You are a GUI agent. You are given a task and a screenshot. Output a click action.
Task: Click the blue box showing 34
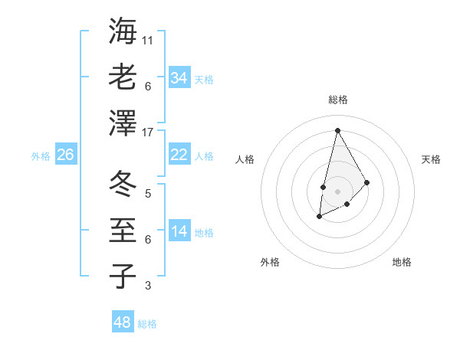[179, 78]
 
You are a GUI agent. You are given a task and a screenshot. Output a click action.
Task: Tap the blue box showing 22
[179, 155]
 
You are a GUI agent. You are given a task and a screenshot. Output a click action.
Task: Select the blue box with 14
[179, 231]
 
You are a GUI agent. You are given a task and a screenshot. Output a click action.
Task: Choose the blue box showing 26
[65, 155]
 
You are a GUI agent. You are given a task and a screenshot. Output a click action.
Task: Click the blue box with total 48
[123, 322]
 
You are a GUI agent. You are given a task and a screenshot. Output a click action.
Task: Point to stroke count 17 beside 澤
[147, 132]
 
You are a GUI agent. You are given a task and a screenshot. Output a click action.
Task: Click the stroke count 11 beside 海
[147, 40]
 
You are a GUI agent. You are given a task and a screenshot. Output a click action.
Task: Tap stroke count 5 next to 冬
[147, 193]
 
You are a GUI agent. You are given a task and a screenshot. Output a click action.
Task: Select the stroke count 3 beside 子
[147, 286]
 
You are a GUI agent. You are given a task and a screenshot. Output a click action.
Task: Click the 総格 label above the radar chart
[337, 100]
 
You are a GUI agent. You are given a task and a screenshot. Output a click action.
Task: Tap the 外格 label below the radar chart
[270, 262]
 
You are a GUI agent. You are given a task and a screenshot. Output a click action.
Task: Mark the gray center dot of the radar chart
[337, 190]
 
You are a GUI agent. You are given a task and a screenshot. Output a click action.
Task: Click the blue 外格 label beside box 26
[41, 155]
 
